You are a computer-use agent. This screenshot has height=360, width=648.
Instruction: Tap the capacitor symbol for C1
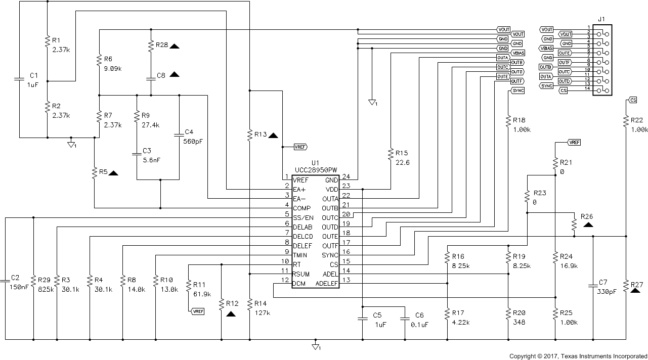click(19, 79)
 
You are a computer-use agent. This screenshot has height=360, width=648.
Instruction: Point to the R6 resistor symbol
click(99, 62)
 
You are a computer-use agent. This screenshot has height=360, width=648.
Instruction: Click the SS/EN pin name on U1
click(303, 217)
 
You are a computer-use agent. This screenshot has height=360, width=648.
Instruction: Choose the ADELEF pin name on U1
click(326, 283)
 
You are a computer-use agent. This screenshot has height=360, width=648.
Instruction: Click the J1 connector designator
click(601, 19)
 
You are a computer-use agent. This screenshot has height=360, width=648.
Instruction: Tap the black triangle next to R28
click(175, 46)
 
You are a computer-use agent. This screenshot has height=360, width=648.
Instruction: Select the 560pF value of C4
click(193, 142)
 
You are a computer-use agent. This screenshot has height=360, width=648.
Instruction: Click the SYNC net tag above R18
click(517, 91)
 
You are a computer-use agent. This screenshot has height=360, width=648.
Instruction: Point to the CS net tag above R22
click(632, 100)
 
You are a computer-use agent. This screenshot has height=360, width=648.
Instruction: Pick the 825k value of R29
click(45, 290)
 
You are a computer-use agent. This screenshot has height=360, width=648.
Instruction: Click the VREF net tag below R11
click(198, 311)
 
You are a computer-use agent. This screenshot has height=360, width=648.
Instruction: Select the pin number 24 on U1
click(346, 177)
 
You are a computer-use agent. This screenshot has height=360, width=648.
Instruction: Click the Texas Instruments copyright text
click(578, 355)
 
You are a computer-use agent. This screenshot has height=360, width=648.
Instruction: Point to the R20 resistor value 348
click(519, 322)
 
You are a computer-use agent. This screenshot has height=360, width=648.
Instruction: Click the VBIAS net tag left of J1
click(547, 48)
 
